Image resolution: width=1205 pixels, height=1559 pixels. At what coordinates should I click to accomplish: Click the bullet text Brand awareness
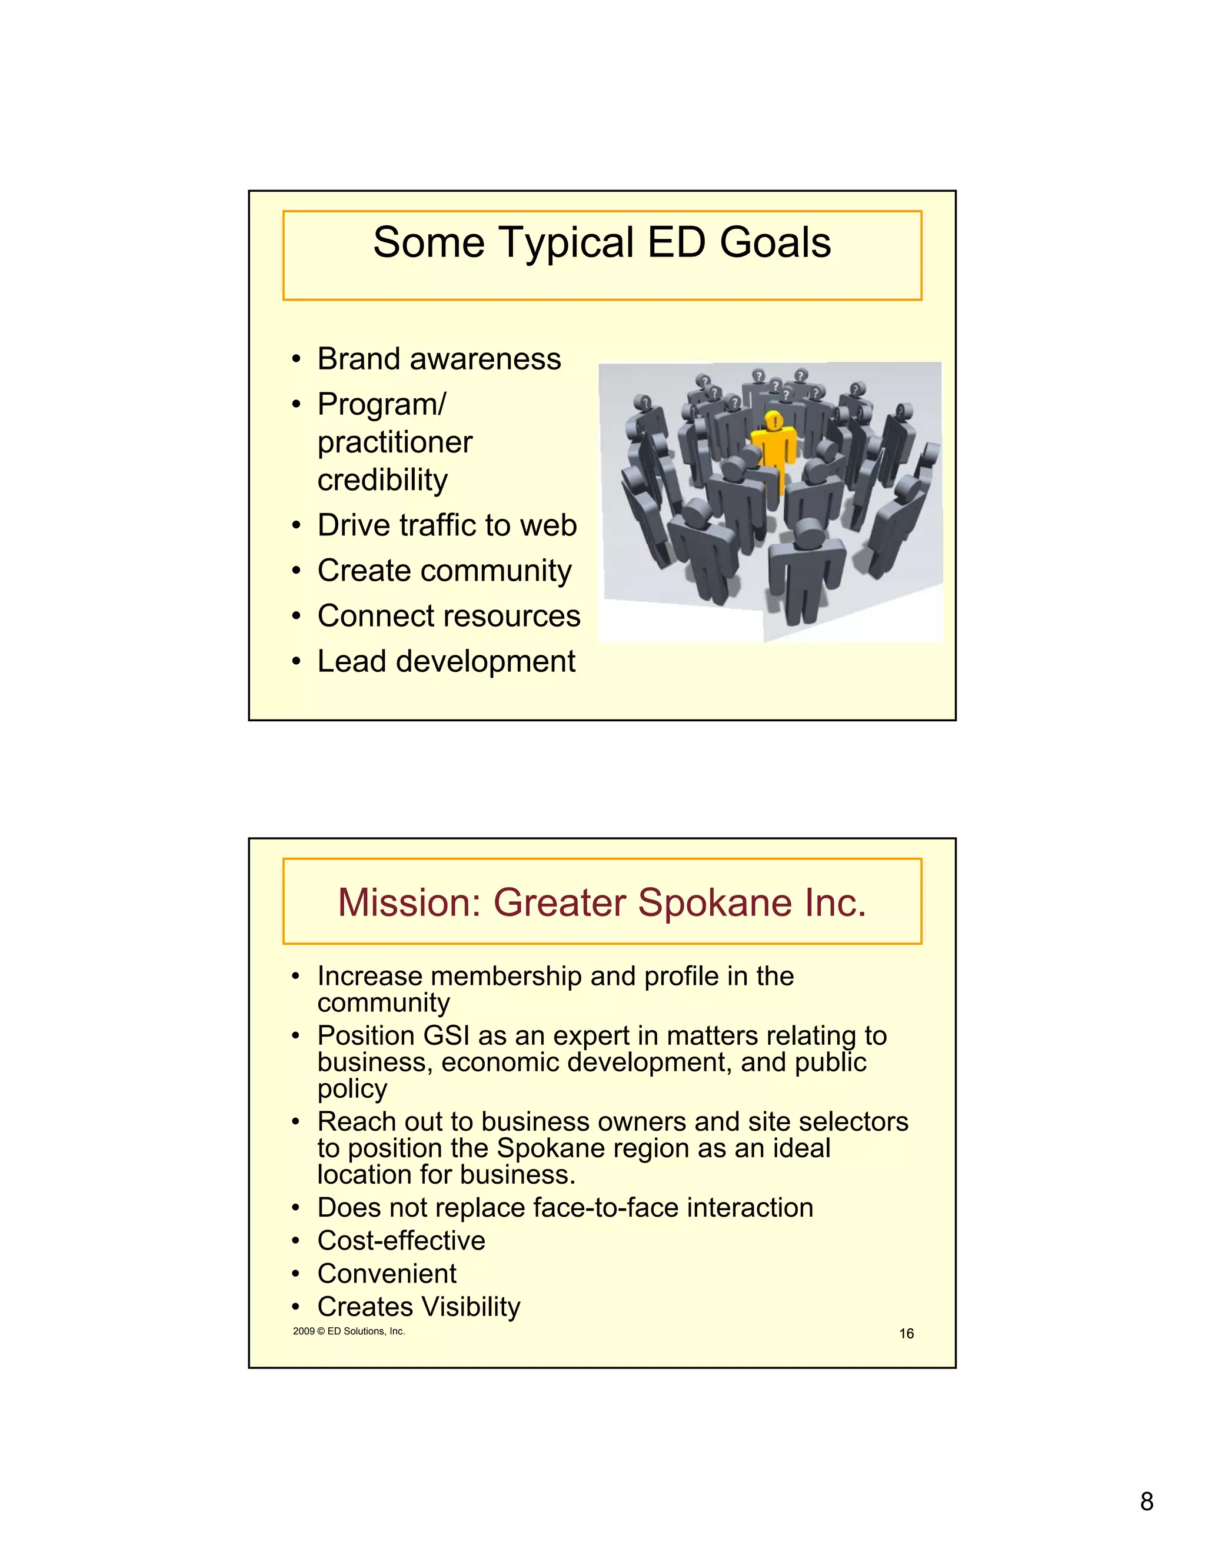pyautogui.click(x=438, y=358)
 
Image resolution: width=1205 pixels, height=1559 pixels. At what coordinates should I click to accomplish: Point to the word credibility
pyautogui.click(x=382, y=479)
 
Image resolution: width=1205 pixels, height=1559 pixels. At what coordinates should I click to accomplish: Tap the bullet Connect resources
pyautogui.click(x=448, y=616)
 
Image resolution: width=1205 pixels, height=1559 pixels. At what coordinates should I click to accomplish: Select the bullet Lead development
pyautogui.click(x=445, y=662)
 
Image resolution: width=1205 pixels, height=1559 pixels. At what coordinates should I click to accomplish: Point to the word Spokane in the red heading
pyautogui.click(x=714, y=902)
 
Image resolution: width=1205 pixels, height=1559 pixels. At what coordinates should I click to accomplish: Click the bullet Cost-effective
pyautogui.click(x=401, y=1241)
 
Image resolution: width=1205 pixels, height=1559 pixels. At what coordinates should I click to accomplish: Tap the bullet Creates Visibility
pyautogui.click(x=418, y=1307)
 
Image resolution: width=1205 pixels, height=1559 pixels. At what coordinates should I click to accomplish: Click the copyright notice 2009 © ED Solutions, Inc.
pyautogui.click(x=348, y=1331)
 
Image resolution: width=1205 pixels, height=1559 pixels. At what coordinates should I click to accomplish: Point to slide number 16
pyautogui.click(x=906, y=1334)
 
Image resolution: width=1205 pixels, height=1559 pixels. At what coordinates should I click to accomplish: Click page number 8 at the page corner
pyautogui.click(x=1147, y=1502)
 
